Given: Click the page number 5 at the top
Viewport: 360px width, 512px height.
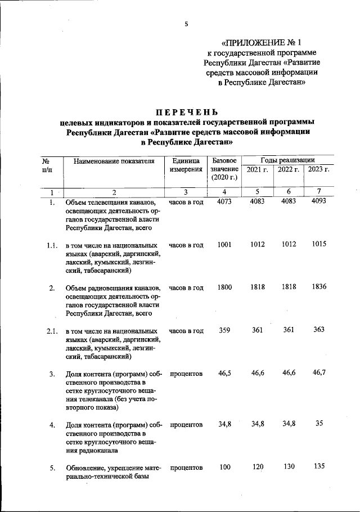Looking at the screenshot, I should (186, 23).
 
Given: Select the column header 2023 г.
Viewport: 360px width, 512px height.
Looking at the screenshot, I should (319, 169).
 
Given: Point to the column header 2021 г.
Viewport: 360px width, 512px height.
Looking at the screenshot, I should (258, 169).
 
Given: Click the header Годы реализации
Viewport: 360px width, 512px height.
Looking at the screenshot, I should (287, 160).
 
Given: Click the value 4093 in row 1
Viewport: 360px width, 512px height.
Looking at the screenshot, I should (319, 202).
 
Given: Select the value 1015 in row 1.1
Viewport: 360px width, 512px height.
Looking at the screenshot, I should (319, 245).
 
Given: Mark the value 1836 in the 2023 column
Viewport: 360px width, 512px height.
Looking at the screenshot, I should (319, 288).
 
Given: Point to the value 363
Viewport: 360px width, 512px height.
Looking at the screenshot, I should (319, 330).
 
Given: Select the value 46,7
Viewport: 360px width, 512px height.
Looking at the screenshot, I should (319, 373).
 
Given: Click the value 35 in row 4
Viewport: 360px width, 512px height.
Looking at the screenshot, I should (319, 424).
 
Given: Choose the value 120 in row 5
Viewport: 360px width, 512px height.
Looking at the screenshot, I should (258, 468).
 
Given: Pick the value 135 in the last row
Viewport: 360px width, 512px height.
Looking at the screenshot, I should (319, 468).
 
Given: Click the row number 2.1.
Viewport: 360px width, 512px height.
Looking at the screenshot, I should (52, 331).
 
